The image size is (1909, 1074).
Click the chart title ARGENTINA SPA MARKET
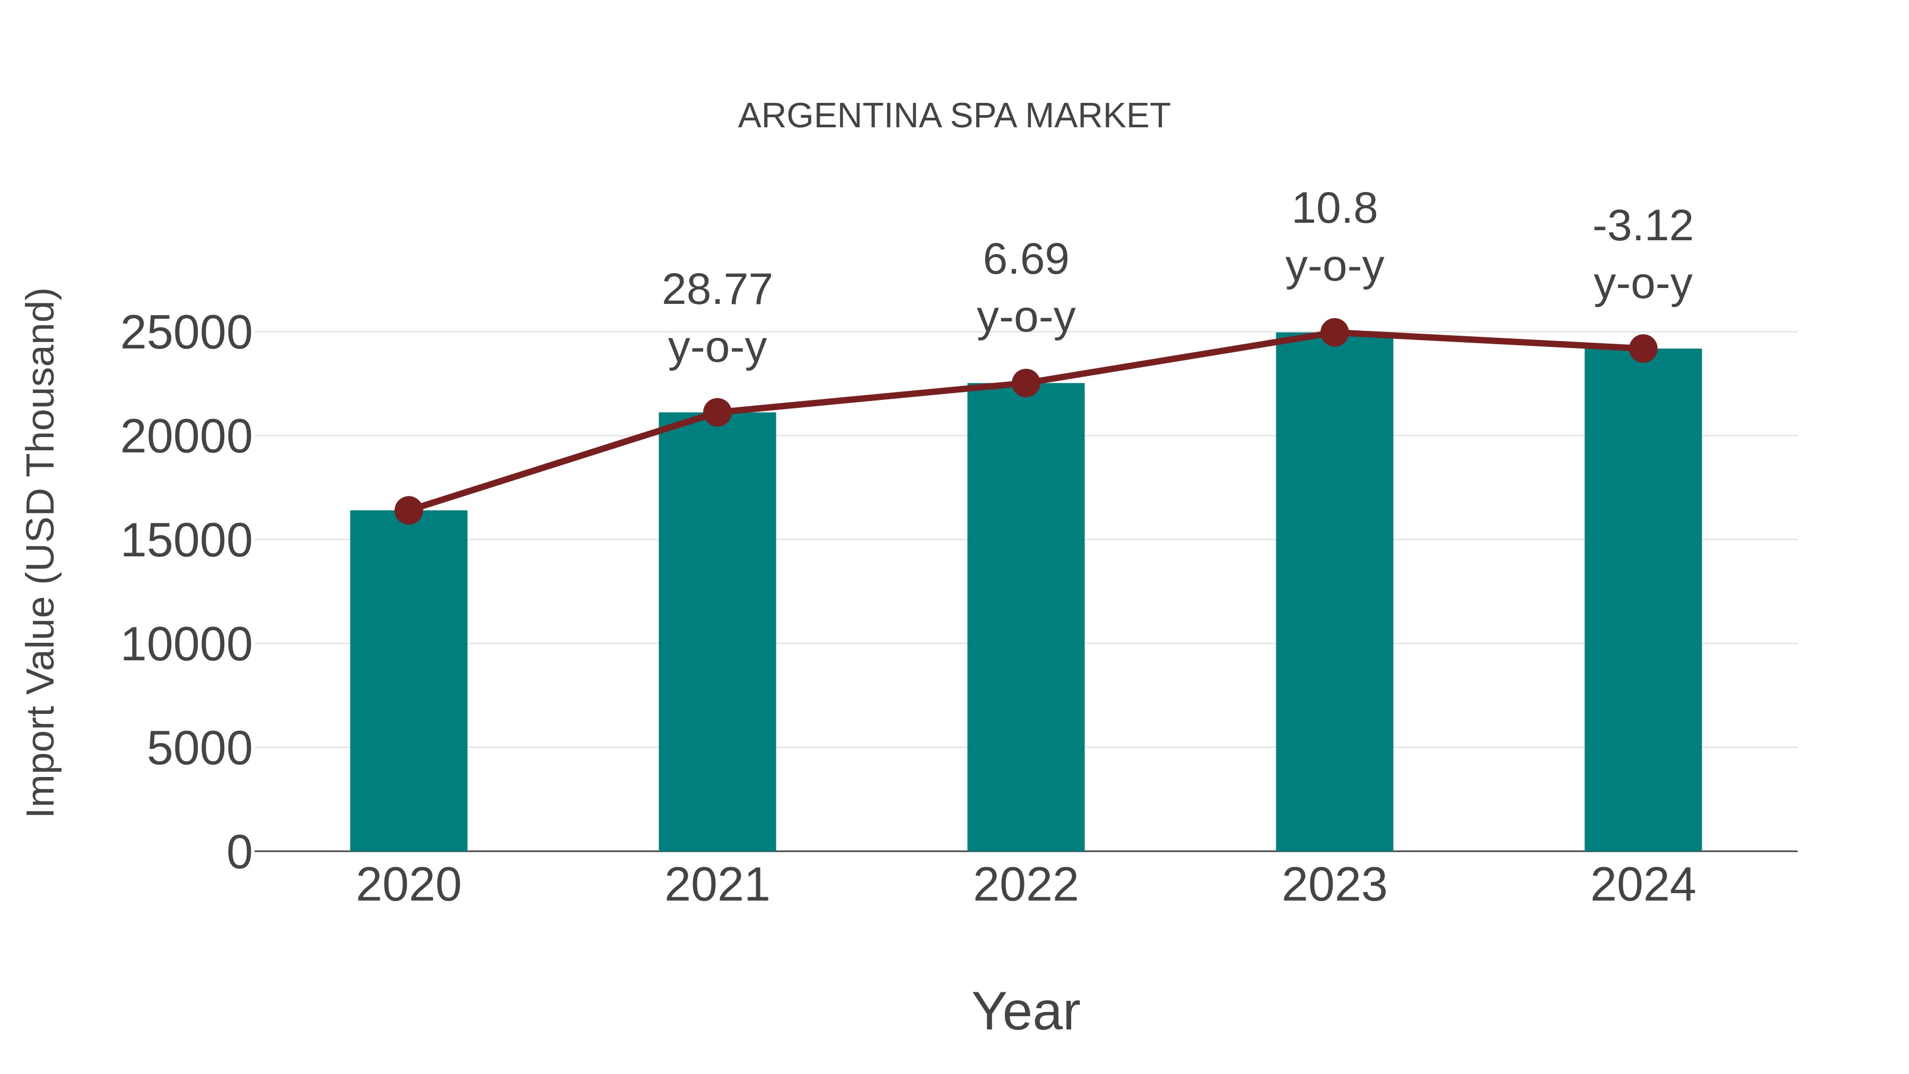pyautogui.click(x=954, y=116)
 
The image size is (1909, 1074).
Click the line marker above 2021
pyautogui.click(x=716, y=412)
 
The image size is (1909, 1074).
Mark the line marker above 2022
pyautogui.click(x=1026, y=383)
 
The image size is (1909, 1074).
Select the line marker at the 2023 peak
pyautogui.click(x=1334, y=333)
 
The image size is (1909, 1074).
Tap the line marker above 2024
pyautogui.click(x=1643, y=348)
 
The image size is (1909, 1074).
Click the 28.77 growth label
pyautogui.click(x=716, y=290)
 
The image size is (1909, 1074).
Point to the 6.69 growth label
pyautogui.click(x=1026, y=260)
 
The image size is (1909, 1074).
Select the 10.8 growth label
pyautogui.click(x=1334, y=209)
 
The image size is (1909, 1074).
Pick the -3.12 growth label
pyautogui.click(x=1643, y=227)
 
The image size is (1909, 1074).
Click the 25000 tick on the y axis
pyautogui.click(x=186, y=333)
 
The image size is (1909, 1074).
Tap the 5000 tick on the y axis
pyautogui.click(x=199, y=748)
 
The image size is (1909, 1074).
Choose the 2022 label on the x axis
pyautogui.click(x=1026, y=885)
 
